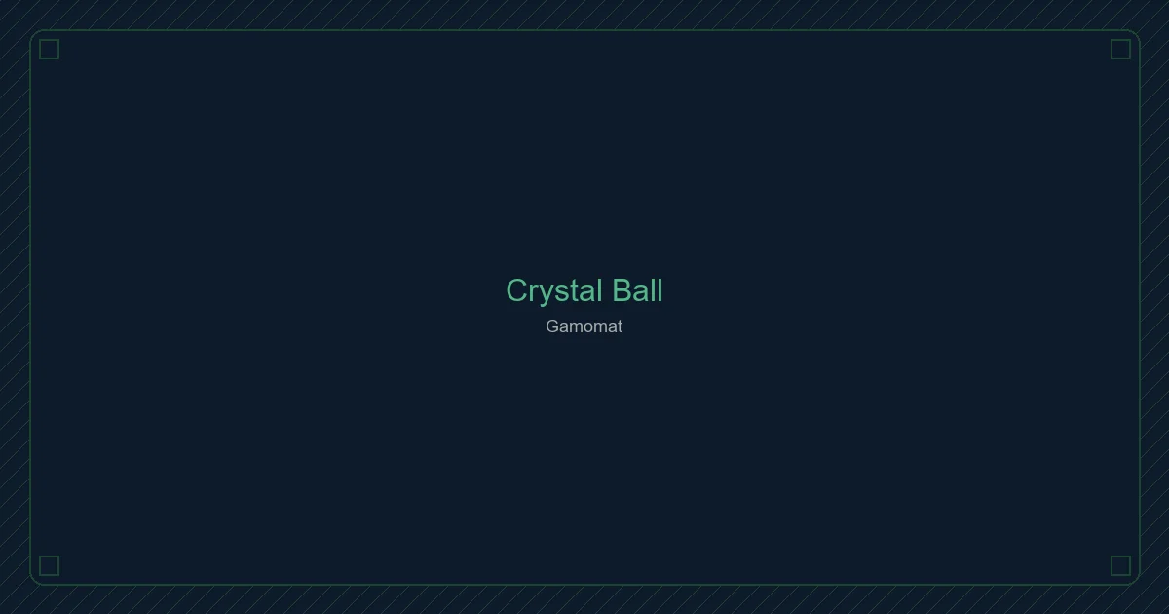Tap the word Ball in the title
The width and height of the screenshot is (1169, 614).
pyautogui.click(x=637, y=290)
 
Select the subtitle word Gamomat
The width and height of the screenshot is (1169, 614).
pyautogui.click(x=584, y=326)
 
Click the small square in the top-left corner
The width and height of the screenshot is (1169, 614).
pyautogui.click(x=49, y=49)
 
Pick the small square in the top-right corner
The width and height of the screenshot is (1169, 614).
pyautogui.click(x=1120, y=49)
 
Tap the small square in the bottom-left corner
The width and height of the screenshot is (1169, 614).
pyautogui.click(x=49, y=565)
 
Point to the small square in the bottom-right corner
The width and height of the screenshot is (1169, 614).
pyautogui.click(x=1120, y=565)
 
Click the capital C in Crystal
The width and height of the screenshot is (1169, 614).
pyautogui.click(x=517, y=290)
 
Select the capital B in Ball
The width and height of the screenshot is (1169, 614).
pyautogui.click(x=622, y=290)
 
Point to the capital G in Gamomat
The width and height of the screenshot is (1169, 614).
pyautogui.click(x=552, y=326)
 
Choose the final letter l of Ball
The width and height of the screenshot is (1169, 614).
pyautogui.click(x=660, y=290)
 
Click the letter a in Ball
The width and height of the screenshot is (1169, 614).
pyautogui.click(x=641, y=292)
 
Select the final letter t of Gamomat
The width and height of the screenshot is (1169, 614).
pyautogui.click(x=619, y=326)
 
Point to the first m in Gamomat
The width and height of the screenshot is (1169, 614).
pyautogui.click(x=575, y=327)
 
